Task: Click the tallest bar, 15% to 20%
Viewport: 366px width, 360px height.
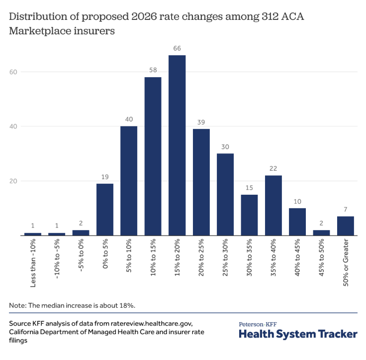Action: coord(177,145)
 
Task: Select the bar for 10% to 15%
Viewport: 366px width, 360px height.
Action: coord(153,156)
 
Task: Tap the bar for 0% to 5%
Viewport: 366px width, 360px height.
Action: coord(105,210)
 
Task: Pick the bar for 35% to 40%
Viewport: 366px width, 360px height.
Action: coord(274,206)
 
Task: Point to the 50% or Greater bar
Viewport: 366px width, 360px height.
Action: coord(346,226)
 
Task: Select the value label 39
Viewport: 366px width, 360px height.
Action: coord(201,121)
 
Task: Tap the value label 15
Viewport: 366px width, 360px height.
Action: coord(249,187)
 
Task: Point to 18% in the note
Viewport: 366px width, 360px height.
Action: coord(126,304)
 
